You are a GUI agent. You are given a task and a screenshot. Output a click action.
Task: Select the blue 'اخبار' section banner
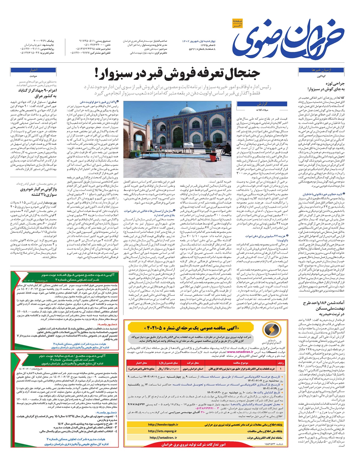point(33,70)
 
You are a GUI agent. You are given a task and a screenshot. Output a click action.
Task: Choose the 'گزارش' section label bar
point(262,104)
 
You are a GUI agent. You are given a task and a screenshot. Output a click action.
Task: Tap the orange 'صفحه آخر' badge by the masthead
point(237,23)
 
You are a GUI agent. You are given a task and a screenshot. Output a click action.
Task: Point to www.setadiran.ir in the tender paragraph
point(240,352)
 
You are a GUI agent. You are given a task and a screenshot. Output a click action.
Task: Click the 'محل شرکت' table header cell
point(193,363)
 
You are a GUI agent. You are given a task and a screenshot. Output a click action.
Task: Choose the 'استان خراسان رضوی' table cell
point(193,368)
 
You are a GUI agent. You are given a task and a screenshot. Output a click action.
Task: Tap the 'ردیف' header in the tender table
point(280,363)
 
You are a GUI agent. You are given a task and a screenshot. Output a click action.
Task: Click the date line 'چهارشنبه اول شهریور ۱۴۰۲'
point(199,41)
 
